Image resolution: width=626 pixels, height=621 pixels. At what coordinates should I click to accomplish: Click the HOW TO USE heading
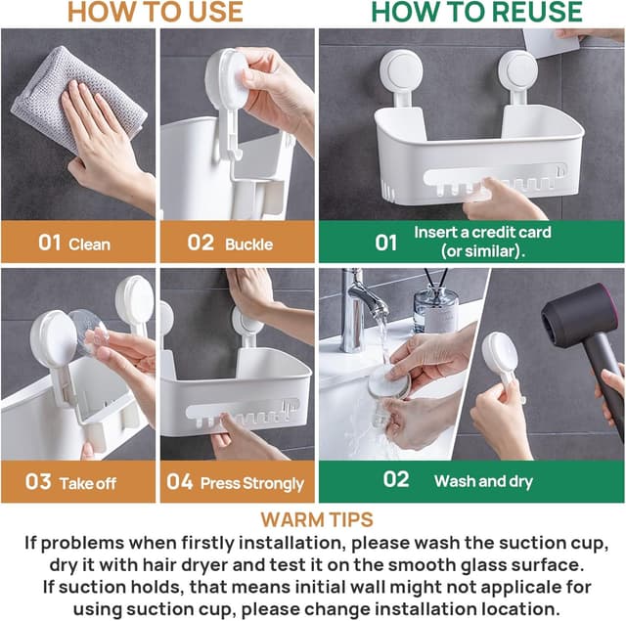156,12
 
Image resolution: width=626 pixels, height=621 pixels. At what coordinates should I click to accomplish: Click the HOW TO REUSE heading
476,12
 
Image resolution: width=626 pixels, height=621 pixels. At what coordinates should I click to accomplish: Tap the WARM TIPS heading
317,519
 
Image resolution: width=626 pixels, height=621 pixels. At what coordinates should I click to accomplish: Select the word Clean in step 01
89,244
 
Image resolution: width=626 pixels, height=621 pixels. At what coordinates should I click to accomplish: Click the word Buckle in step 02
248,244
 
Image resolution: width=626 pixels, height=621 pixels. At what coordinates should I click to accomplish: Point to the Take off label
88,483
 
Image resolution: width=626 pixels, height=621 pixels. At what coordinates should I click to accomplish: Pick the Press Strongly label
252,483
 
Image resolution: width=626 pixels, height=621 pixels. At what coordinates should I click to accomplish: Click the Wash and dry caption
483,481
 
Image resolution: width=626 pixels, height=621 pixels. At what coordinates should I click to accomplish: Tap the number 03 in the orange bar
38,482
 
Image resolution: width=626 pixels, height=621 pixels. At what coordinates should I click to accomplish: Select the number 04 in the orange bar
180,482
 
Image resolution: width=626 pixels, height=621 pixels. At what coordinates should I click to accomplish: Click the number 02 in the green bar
396,479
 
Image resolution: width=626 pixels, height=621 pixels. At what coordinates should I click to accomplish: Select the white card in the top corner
551,43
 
